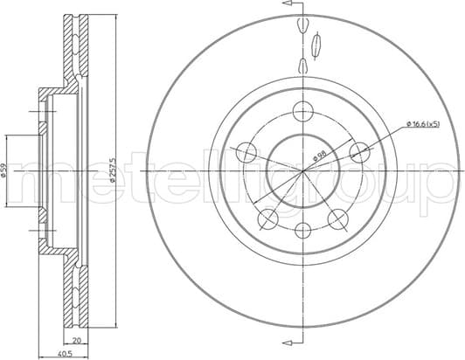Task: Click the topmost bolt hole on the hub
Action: click(x=302, y=111)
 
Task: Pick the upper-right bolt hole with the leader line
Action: click(x=358, y=152)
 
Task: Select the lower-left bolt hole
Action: click(x=268, y=218)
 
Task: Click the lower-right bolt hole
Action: click(x=337, y=218)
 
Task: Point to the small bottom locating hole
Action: click(x=302, y=230)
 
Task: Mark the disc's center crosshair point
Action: click(x=302, y=170)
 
